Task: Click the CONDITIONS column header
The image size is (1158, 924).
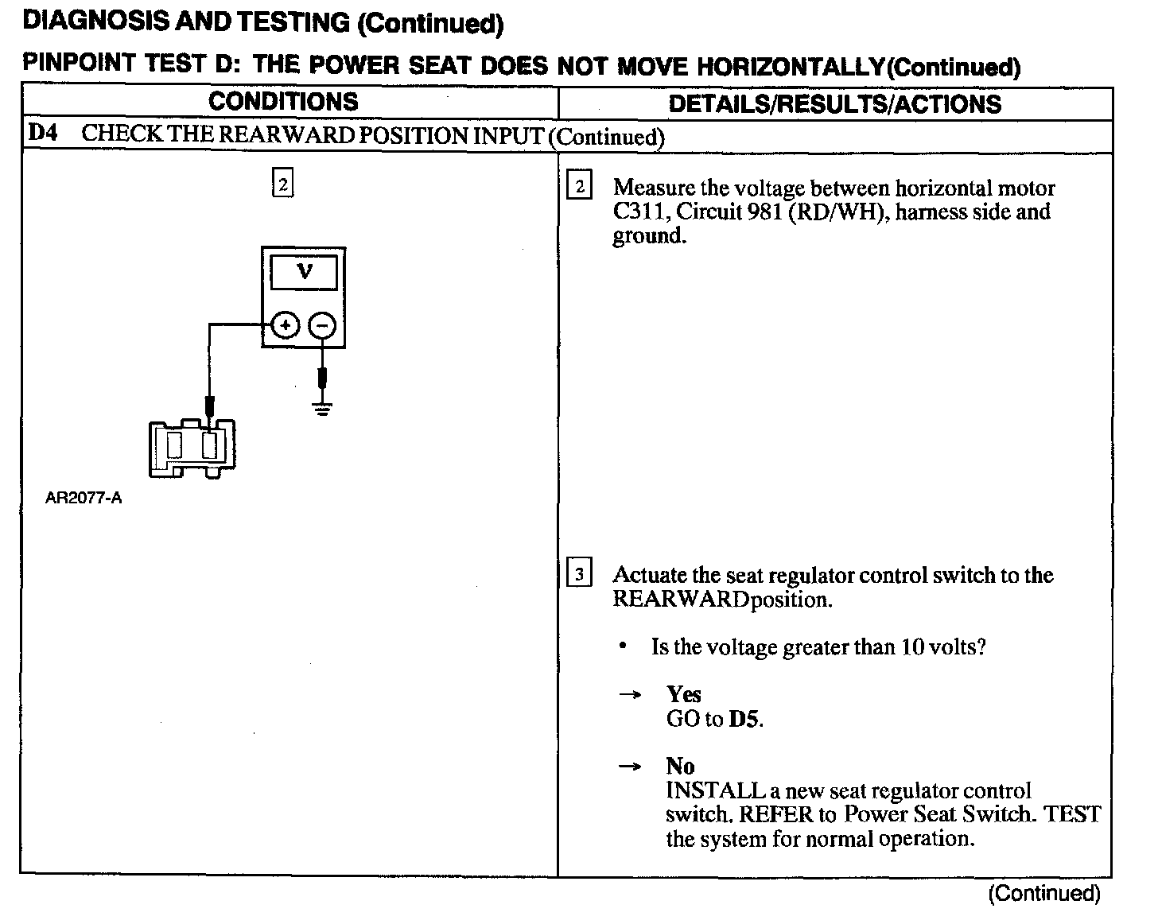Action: [x=283, y=103]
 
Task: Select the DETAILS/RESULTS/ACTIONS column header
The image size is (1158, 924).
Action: [x=835, y=104]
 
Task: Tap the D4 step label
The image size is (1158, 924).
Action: [x=43, y=133]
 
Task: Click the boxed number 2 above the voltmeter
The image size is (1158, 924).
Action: [x=282, y=184]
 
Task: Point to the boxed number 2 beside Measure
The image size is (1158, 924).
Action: [x=579, y=188]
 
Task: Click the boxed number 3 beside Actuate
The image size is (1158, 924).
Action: [x=579, y=574]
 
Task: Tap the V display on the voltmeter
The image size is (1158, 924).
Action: [x=304, y=273]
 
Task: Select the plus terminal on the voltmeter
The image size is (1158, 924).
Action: [x=286, y=324]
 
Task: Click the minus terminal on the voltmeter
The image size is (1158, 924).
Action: [x=322, y=324]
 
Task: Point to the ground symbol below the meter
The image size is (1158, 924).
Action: [x=322, y=409]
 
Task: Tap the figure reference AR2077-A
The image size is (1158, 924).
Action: [x=84, y=499]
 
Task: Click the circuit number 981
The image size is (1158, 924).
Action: [x=764, y=212]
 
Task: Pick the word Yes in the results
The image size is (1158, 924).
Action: [x=683, y=694]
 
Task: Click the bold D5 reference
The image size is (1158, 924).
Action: [x=744, y=720]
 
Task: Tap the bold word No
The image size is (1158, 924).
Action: [x=680, y=767]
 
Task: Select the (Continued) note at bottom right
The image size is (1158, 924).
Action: [x=1043, y=894]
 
